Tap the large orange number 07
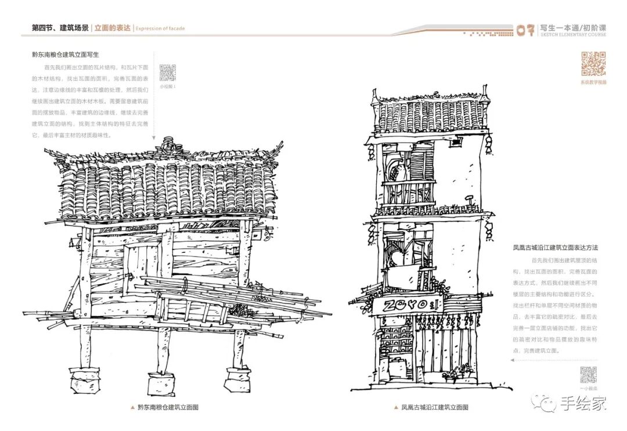[x=525, y=30]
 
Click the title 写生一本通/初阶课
[x=572, y=27]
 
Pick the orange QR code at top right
[x=593, y=64]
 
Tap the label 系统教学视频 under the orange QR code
[x=593, y=82]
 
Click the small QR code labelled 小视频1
[x=167, y=73]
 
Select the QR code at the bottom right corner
[x=588, y=375]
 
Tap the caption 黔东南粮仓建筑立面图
[x=168, y=407]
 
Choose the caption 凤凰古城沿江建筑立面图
[x=435, y=407]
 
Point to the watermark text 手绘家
[x=583, y=403]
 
